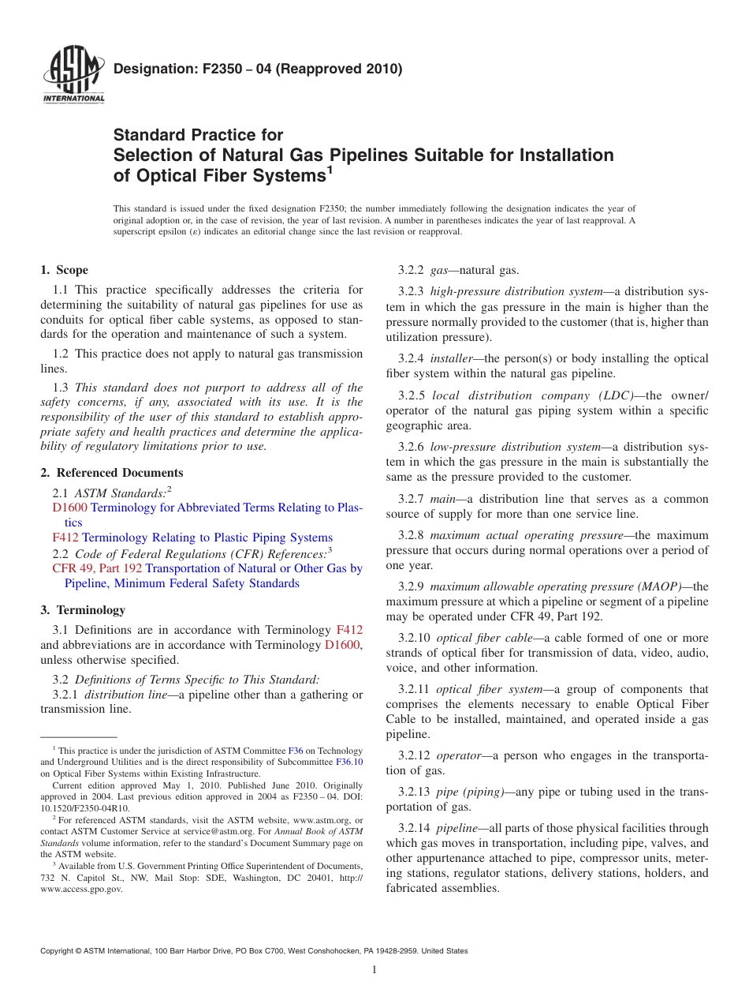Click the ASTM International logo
coord(73,75)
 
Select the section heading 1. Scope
coord(64,270)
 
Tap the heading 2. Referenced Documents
coord(111,473)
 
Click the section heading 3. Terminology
coord(82,610)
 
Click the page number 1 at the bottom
coord(374,970)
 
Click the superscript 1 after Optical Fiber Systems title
coord(330,168)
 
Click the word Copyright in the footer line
coord(58,951)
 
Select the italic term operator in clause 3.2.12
coord(458,755)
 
